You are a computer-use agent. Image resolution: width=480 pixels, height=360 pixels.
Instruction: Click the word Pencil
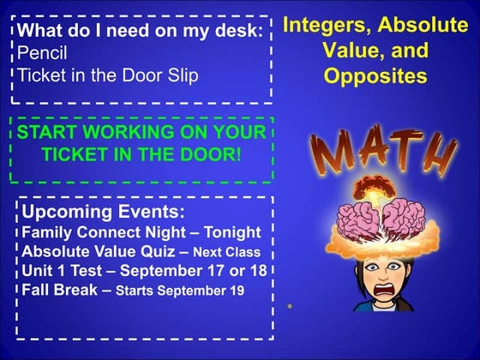pos(42,53)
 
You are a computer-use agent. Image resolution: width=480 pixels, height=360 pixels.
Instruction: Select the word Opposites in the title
pos(375,75)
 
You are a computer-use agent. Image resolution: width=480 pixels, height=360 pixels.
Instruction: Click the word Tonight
pos(231,232)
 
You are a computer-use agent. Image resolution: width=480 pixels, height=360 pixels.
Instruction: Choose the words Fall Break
pos(60,290)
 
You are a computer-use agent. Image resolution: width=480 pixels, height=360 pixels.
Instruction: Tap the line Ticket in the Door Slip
pos(107,75)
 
